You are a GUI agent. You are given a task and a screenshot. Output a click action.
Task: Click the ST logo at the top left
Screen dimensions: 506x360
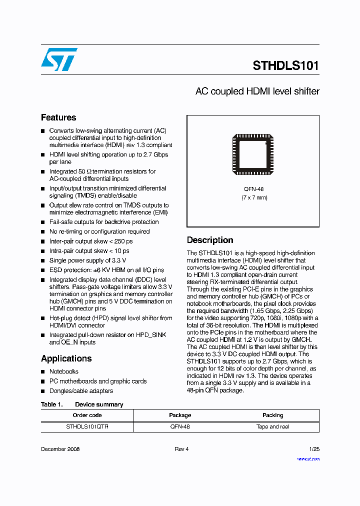click(x=59, y=59)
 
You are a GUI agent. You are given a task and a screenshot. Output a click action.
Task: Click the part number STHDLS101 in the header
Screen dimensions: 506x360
click(x=285, y=66)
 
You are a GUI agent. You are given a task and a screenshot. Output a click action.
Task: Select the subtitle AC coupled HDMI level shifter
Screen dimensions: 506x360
click(x=257, y=91)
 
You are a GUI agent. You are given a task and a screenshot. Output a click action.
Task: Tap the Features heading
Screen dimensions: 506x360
click(x=58, y=117)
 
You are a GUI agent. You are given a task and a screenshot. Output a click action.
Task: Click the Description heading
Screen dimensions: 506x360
click(x=210, y=240)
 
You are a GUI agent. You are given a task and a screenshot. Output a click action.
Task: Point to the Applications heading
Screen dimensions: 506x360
click(x=66, y=358)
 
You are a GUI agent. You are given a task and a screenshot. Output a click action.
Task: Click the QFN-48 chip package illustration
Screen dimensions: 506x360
click(x=253, y=154)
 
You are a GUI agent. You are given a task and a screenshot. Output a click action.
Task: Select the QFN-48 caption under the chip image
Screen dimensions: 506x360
click(x=253, y=189)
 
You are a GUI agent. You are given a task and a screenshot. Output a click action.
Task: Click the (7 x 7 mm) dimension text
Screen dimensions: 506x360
click(x=253, y=197)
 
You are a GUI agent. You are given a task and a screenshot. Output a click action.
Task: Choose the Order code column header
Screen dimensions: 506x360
click(x=87, y=415)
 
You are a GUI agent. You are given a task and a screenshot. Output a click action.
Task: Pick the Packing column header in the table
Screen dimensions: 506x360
click(x=272, y=415)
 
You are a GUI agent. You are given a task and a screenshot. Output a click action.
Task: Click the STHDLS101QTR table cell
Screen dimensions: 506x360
click(x=87, y=427)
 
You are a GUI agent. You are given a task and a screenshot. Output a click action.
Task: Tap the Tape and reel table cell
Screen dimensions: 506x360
click(x=272, y=427)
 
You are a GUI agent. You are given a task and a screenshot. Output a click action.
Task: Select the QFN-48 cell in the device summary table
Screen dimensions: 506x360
click(x=180, y=427)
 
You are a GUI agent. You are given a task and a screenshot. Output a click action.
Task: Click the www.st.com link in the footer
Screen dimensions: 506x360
click(x=308, y=458)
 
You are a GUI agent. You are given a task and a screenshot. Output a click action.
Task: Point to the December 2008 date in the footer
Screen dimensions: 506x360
click(x=60, y=449)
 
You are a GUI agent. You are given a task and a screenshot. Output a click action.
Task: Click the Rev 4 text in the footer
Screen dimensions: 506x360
click(x=181, y=449)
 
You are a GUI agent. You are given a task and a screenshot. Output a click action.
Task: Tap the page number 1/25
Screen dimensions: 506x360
click(x=314, y=449)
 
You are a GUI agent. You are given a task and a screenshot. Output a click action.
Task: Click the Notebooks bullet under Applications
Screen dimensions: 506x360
click(x=63, y=371)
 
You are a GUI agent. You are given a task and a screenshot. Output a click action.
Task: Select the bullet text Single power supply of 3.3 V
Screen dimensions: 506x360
click(x=87, y=260)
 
